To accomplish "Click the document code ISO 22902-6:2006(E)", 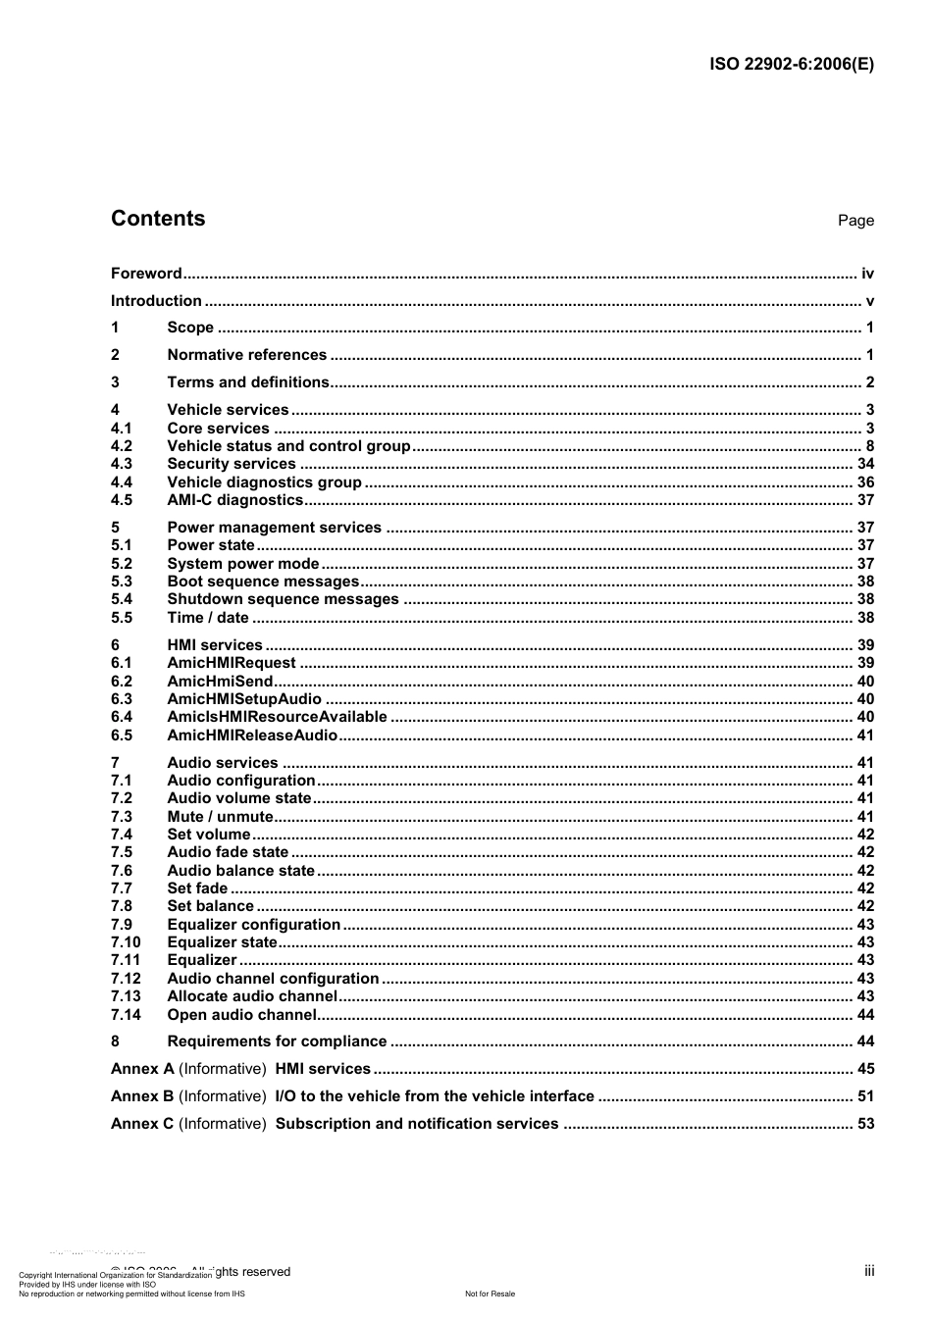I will tap(791, 65).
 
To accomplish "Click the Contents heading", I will tap(158, 219).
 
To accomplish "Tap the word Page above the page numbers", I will tap(855, 221).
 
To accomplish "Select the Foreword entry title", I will tap(146, 274).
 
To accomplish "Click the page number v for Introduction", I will tap(869, 301).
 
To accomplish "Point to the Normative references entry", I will tap(246, 355).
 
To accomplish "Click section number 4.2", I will tap(122, 446).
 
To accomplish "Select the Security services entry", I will tap(232, 464).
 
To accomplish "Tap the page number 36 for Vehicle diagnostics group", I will tap(865, 482).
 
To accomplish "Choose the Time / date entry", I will tap(208, 618).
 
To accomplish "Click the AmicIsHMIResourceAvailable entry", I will tap(277, 717).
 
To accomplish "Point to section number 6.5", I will tap(122, 736).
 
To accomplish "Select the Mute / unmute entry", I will tap(220, 817).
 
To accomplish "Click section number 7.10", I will tap(126, 942).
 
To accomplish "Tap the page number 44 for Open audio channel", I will tap(865, 1015).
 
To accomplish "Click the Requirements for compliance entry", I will tap(277, 1041).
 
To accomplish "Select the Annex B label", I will tap(142, 1096).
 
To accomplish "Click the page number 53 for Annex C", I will tap(865, 1124).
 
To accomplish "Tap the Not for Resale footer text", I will tap(490, 1294).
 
